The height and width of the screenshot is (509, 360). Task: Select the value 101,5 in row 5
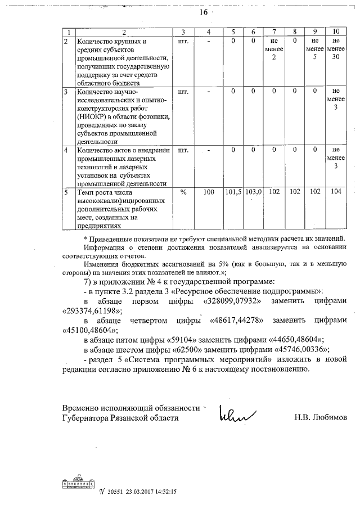coord(233,192)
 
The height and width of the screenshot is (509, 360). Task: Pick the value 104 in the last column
coord(336,192)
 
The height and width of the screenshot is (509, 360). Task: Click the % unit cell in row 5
coord(183,192)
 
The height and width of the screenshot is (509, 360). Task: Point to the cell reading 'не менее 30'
coord(336,49)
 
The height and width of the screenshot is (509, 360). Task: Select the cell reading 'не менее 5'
coord(315,49)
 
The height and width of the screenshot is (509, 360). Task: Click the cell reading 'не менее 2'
coord(274,49)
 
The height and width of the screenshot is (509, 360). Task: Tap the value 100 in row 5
coord(209,192)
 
